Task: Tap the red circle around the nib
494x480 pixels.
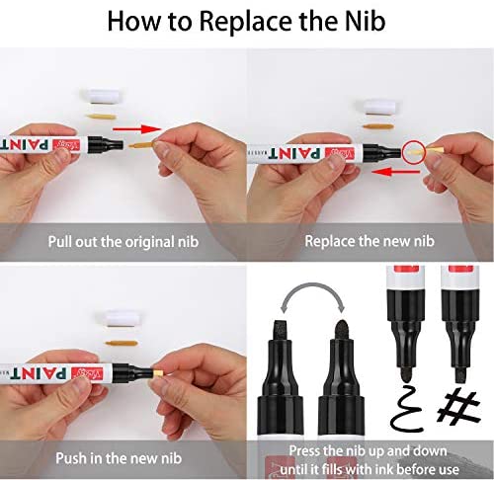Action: [x=414, y=151]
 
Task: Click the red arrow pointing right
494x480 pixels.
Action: [x=137, y=128]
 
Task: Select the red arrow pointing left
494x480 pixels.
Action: [x=395, y=172]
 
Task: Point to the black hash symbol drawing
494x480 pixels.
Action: [x=458, y=406]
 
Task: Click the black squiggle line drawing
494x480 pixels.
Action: [x=406, y=408]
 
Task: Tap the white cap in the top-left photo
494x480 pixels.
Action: [x=102, y=96]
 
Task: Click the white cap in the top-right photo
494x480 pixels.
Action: [x=378, y=107]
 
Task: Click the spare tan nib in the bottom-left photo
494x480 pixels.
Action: [x=121, y=344]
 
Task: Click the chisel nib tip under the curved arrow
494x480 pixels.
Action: [x=281, y=330]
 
